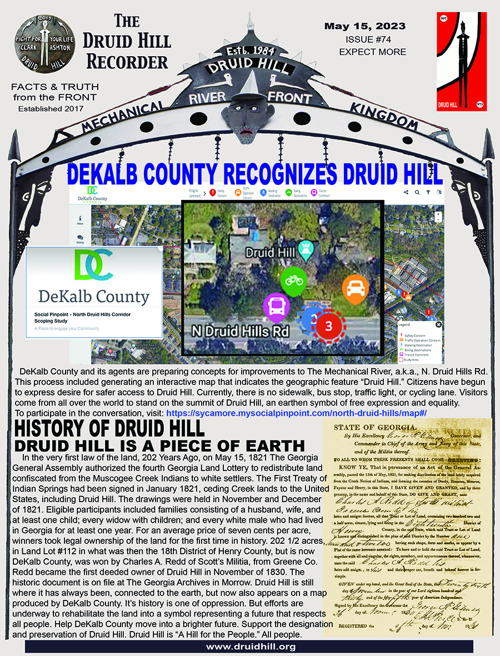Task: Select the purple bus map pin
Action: pyautogui.click(x=276, y=306)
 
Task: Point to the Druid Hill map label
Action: pyautogui.click(x=271, y=252)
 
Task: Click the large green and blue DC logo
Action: pyautogui.click(x=93, y=266)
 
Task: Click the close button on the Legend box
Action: pyautogui.click(x=438, y=324)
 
